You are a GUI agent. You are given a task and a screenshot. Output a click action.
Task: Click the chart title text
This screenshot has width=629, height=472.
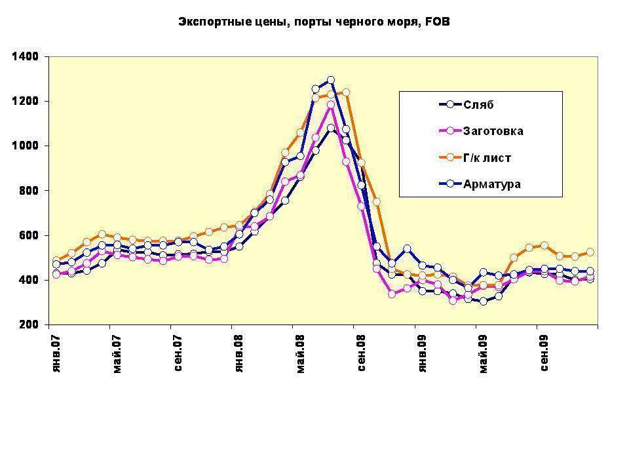click(314, 22)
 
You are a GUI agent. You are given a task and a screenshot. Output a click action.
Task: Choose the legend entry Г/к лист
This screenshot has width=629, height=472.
click(487, 158)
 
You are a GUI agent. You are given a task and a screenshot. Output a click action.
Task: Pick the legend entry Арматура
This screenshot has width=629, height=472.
click(491, 184)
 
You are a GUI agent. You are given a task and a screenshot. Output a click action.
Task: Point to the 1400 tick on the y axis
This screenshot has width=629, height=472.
click(26, 57)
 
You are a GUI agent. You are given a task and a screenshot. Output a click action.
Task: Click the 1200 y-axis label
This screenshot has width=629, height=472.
click(26, 102)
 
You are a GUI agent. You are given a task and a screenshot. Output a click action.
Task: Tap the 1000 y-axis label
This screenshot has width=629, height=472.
click(26, 146)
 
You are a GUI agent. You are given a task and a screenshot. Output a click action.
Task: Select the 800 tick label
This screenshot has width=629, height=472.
click(28, 191)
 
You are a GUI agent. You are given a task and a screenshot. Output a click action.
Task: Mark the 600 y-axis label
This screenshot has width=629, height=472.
click(28, 235)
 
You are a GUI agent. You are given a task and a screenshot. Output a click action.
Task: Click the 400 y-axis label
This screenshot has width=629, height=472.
click(28, 280)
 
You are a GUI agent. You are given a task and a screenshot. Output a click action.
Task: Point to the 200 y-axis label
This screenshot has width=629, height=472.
click(28, 324)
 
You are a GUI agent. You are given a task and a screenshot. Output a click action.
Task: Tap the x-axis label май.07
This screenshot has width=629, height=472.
click(116, 353)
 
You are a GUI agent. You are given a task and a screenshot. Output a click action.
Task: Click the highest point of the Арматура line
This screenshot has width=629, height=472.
click(331, 81)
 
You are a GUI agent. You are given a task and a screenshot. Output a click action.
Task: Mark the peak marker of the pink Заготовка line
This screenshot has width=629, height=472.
click(331, 105)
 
